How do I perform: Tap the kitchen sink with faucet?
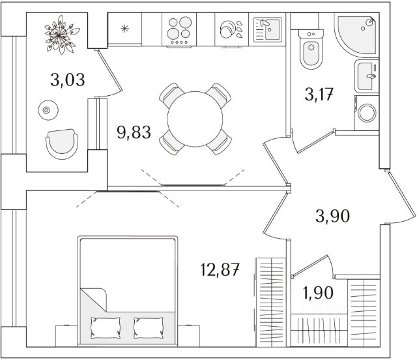point(266,29)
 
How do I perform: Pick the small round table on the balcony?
point(46,110)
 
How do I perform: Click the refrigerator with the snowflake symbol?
point(125,29)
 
